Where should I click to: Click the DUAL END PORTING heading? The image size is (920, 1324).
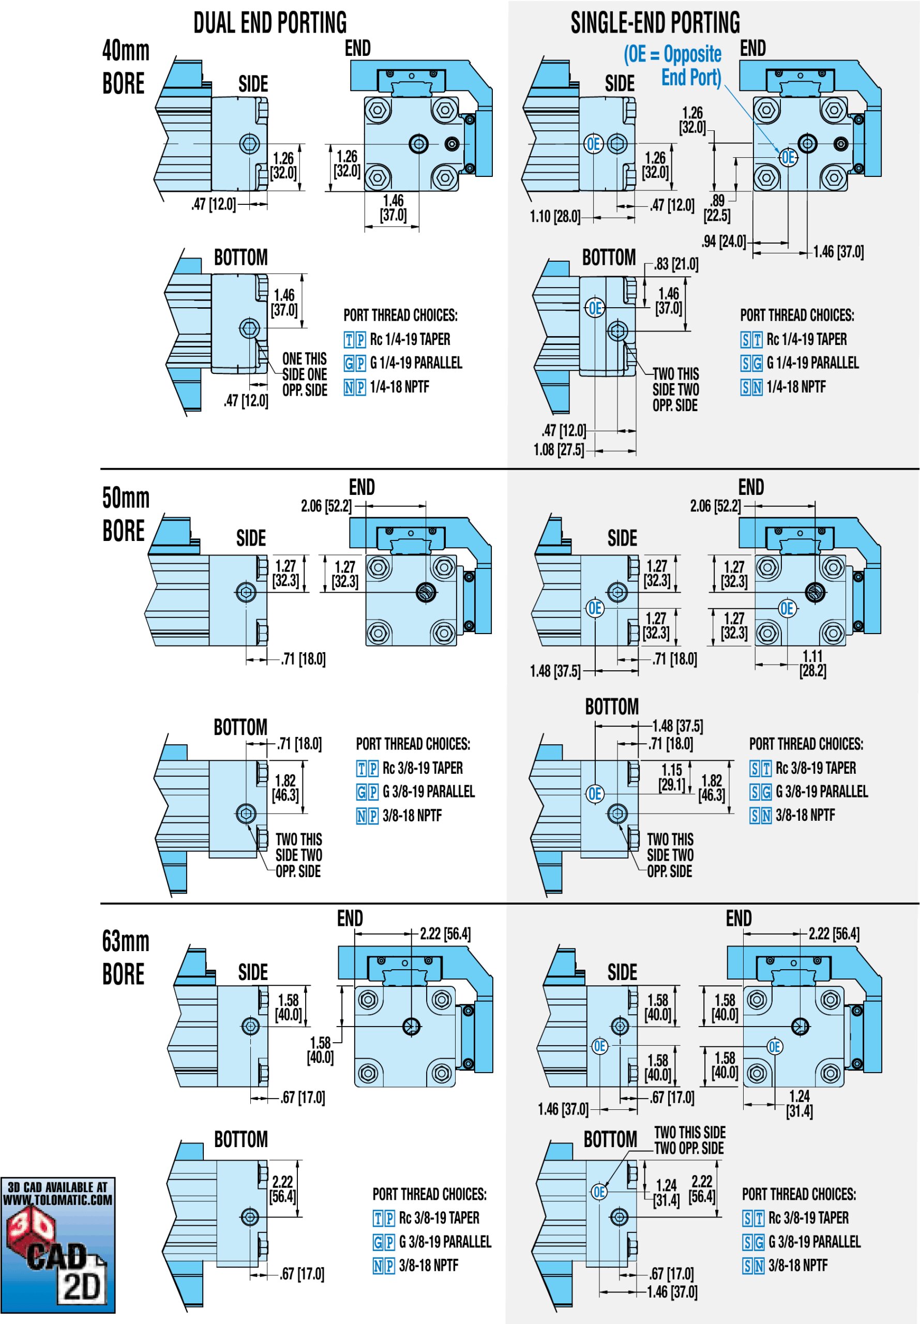click(270, 23)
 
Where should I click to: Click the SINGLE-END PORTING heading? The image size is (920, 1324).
click(655, 23)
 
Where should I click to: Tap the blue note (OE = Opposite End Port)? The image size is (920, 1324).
click(673, 66)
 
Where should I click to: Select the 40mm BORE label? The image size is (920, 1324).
click(125, 67)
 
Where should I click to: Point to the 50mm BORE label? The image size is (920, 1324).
click(125, 514)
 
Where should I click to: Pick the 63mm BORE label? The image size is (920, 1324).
click(125, 957)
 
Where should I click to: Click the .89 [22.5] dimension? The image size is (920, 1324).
click(717, 208)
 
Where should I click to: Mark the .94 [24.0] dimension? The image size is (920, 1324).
click(723, 241)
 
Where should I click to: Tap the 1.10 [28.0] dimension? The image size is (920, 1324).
click(555, 217)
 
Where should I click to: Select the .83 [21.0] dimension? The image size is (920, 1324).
click(675, 264)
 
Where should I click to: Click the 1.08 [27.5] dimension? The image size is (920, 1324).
click(558, 449)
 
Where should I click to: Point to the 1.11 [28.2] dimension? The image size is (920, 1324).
click(812, 664)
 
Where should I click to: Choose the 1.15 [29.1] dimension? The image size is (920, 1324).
click(672, 777)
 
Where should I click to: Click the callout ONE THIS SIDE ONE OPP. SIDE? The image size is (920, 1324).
click(305, 374)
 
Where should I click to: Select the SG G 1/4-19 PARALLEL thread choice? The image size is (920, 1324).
click(800, 363)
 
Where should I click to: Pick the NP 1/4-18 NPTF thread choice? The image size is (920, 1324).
click(386, 387)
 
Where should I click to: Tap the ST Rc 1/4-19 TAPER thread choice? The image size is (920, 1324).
click(794, 339)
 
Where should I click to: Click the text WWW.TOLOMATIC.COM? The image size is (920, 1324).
click(57, 1200)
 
